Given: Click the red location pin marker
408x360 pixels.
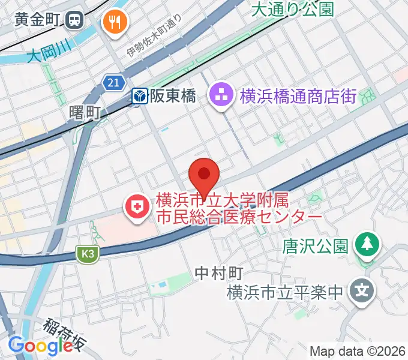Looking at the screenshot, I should point(204,176).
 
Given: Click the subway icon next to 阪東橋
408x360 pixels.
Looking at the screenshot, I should point(140,96).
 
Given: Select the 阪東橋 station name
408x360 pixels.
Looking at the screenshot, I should point(172,96).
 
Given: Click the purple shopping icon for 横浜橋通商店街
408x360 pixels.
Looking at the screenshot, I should point(222,94).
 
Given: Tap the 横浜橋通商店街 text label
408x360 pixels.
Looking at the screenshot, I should point(298,96).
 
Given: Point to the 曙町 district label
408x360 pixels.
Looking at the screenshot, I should point(85,112).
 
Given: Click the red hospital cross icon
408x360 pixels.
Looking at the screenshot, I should point(137,208).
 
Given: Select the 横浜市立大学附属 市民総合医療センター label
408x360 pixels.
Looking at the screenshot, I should point(239,208).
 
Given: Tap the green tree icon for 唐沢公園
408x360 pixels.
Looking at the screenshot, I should point(365,244).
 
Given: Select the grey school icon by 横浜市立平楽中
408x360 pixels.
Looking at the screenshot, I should point(362,292).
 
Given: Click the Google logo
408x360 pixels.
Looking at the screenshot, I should point(40,346).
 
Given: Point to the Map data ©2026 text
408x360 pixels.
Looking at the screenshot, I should point(358,350).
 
